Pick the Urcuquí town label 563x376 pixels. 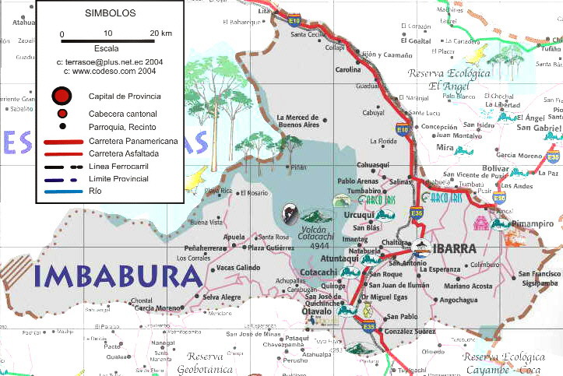coord(359,215)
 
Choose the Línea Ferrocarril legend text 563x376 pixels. coord(121,167)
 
